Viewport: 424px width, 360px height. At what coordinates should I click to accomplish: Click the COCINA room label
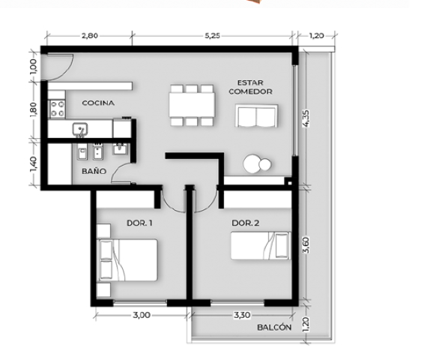pos(98,103)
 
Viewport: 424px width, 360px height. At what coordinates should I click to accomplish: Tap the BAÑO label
pos(94,171)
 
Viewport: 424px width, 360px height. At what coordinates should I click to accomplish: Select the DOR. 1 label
pos(139,223)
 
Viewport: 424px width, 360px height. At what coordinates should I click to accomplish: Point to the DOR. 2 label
pos(246,223)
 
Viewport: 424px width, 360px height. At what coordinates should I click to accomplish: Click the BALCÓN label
pos(274,327)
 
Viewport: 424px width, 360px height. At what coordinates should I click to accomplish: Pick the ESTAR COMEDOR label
pos(250,87)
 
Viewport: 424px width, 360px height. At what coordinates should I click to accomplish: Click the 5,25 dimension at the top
pos(212,36)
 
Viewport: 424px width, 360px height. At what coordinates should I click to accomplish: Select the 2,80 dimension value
pos(90,36)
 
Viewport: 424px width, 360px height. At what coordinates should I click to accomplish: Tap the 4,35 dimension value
pos(306,118)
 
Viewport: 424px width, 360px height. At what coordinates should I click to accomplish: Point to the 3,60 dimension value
pos(306,245)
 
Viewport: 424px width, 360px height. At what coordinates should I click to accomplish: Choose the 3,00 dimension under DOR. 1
pos(142,315)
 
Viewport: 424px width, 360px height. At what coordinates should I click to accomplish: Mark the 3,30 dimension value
pos(242,315)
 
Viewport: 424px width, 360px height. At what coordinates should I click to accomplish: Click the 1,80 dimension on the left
pos(33,110)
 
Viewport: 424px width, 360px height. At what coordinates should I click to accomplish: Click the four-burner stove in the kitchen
pos(58,109)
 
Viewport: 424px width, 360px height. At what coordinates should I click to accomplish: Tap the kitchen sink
pos(79,130)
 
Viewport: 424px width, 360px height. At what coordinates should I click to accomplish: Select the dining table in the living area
pos(192,105)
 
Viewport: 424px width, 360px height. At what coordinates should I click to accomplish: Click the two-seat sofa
pos(257,115)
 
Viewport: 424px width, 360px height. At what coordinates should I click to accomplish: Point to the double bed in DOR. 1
pos(127,260)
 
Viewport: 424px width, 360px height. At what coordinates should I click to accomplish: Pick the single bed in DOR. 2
pos(261,245)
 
